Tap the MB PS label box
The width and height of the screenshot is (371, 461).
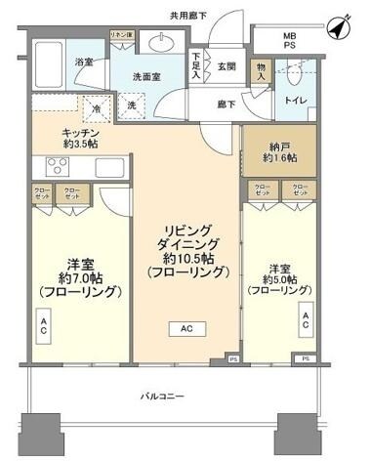(289, 44)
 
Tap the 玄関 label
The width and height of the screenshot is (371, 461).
(227, 65)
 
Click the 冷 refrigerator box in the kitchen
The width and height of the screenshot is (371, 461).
(97, 110)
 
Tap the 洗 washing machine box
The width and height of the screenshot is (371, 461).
(130, 105)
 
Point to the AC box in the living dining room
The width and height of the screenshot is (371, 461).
(186, 329)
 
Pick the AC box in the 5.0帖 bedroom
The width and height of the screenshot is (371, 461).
(305, 318)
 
